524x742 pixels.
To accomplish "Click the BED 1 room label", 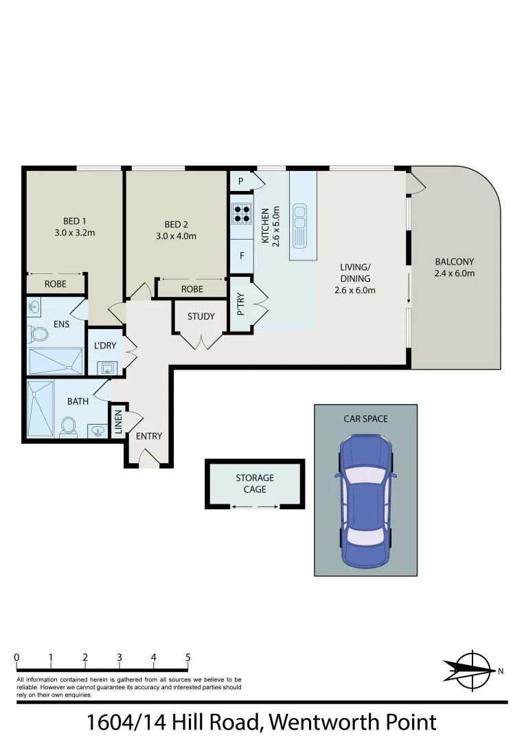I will (x=75, y=221).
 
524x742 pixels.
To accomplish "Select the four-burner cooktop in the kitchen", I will (x=242, y=214).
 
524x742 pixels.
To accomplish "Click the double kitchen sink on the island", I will (x=299, y=225).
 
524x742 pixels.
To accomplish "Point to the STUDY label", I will (x=201, y=317).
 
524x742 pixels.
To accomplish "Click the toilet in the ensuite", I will (x=38, y=335).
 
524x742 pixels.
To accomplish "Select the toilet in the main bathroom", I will (x=68, y=426).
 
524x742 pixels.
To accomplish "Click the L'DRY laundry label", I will (x=105, y=346).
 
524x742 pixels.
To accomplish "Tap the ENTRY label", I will (x=149, y=436).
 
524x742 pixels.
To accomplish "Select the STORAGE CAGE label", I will (x=255, y=483).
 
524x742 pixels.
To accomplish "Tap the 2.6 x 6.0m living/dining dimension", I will (x=355, y=290).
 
